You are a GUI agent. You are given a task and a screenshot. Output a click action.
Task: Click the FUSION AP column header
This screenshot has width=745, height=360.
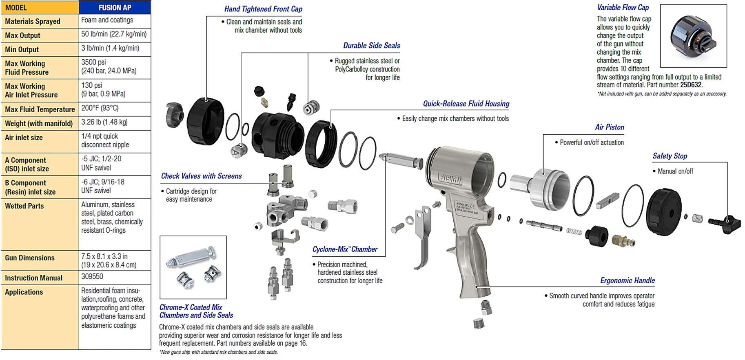tap(115, 7)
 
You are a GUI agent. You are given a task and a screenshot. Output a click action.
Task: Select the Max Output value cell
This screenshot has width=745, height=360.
tap(114, 34)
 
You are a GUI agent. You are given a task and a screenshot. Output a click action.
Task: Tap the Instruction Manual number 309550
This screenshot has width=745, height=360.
tap(92, 277)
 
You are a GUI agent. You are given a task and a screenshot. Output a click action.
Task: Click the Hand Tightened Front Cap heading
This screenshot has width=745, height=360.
tap(263, 9)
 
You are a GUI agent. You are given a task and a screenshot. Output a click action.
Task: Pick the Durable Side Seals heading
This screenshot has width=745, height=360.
tap(371, 46)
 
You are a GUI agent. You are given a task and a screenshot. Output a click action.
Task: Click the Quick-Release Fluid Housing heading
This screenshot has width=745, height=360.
tap(466, 104)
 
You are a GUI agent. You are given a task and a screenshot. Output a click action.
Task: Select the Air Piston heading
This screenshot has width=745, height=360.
tap(610, 127)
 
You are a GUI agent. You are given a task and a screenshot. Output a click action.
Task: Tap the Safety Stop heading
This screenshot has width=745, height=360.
tap(670, 156)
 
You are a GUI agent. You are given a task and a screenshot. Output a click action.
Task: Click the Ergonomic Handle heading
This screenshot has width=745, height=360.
tap(627, 280)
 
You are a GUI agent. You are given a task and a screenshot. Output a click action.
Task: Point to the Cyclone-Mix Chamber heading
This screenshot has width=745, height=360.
tap(345, 249)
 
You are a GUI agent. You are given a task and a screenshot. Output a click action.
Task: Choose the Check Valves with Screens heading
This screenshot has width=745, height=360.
tap(201, 176)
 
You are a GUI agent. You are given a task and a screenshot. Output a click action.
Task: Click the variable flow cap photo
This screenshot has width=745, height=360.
tap(693, 36)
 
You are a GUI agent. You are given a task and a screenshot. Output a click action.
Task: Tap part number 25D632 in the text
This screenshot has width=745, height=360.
tap(690, 85)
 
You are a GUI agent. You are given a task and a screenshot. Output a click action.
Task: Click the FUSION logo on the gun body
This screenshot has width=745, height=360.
tap(450, 178)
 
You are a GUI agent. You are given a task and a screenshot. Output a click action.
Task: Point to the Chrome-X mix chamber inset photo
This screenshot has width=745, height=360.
tap(193, 267)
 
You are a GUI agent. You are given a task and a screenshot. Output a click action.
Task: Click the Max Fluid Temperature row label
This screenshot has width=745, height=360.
tap(40, 109)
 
